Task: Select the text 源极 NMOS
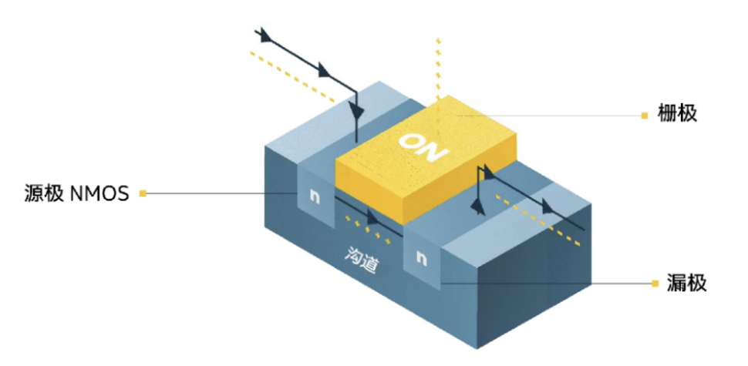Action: tap(77, 194)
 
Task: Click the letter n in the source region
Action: tap(314, 196)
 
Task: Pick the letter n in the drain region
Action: tap(421, 258)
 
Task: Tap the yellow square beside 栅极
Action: tap(645, 116)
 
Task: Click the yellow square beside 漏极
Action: tap(655, 284)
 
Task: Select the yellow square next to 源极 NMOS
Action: tap(143, 193)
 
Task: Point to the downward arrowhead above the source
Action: tap(357, 112)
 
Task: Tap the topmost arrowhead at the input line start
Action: tap(264, 35)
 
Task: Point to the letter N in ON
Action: tap(436, 153)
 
